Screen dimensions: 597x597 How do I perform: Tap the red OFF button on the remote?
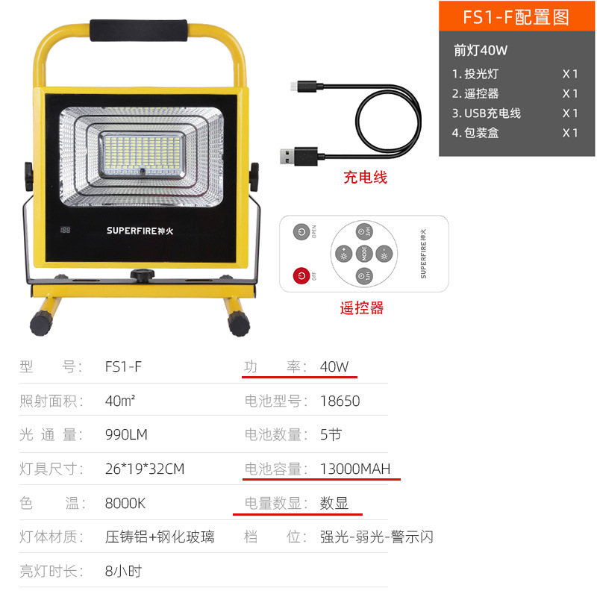[301, 275]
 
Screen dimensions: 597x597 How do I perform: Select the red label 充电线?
[365, 178]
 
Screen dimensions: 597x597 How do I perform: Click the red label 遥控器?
[362, 307]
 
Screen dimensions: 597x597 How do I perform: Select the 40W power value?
[334, 366]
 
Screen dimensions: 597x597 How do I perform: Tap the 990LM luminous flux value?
[126, 434]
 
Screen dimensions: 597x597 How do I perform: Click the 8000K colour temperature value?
[125, 503]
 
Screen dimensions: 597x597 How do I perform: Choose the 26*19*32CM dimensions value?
[145, 469]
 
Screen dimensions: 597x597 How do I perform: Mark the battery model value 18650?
[340, 401]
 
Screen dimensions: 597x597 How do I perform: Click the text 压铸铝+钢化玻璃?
[160, 537]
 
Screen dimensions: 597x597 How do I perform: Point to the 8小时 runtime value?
[123, 572]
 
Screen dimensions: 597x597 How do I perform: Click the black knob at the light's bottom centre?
[141, 276]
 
